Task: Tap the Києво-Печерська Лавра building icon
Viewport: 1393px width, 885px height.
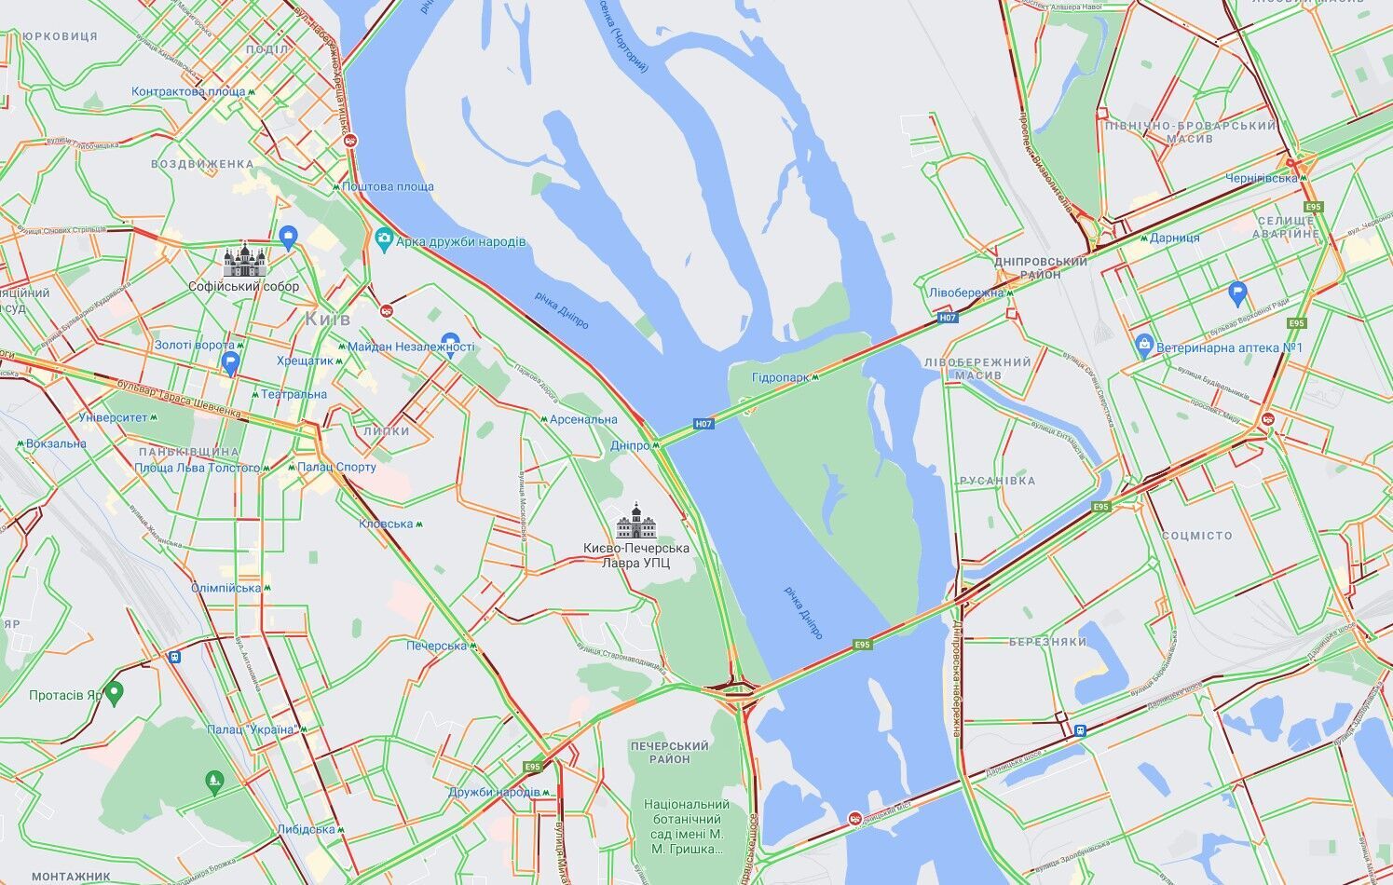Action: click(637, 522)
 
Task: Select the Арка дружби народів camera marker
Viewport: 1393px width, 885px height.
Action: click(384, 240)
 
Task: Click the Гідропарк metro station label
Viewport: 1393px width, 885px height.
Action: click(781, 377)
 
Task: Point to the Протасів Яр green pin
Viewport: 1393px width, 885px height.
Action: click(114, 693)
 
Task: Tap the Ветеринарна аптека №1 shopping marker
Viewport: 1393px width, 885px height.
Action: click(1144, 347)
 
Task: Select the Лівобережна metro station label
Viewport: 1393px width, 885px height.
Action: click(965, 293)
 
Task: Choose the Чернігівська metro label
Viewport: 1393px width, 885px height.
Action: click(1261, 178)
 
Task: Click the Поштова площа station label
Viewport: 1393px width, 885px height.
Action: click(388, 186)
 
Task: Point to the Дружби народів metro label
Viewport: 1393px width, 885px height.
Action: click(494, 792)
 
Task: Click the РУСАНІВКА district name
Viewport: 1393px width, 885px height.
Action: click(997, 481)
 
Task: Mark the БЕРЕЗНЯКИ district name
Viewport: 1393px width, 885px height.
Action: click(1047, 642)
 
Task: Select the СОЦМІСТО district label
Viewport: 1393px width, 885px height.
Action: click(1196, 536)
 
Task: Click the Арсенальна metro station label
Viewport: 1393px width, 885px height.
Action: click(583, 419)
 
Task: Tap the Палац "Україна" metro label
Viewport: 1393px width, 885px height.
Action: click(251, 729)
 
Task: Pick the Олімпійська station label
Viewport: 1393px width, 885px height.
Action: click(226, 588)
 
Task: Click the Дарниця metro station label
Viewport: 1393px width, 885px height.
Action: click(1174, 238)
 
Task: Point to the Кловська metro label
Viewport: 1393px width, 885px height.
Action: click(386, 524)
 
